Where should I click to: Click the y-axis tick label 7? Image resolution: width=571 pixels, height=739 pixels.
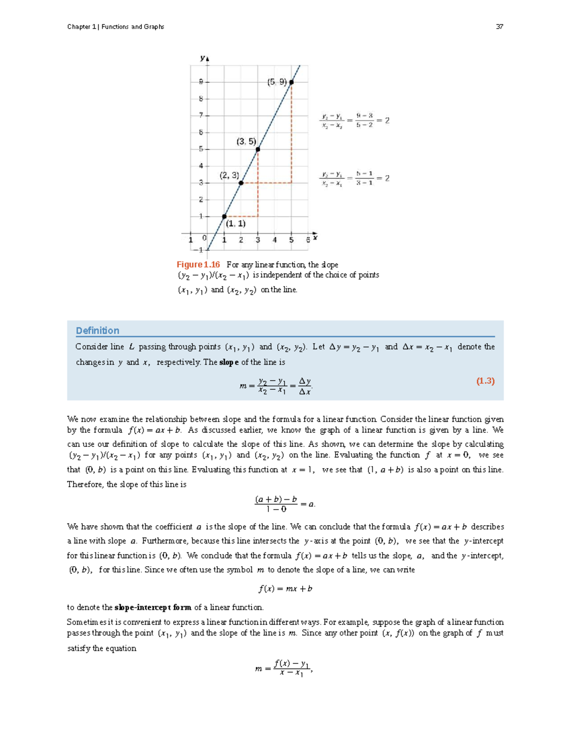(201, 115)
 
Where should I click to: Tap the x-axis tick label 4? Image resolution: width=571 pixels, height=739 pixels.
(275, 240)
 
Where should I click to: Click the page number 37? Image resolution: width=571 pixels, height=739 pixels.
(499, 27)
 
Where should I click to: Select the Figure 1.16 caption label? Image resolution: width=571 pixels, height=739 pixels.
(198, 265)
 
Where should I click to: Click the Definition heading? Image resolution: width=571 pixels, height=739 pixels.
(98, 330)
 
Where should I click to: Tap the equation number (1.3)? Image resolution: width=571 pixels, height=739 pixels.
(485, 381)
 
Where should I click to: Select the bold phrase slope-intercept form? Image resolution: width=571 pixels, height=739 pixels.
(153, 608)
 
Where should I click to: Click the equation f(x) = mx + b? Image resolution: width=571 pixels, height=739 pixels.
(285, 589)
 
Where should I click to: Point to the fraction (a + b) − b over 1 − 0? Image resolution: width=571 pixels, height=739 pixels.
(276, 504)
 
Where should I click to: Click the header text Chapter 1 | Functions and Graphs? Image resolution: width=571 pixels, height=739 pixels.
(116, 27)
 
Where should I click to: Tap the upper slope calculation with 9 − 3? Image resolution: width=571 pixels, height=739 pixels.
(354, 121)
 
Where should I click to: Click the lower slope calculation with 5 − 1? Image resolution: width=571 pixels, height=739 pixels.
(354, 178)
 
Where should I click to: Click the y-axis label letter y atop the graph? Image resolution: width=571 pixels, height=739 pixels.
(203, 58)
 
